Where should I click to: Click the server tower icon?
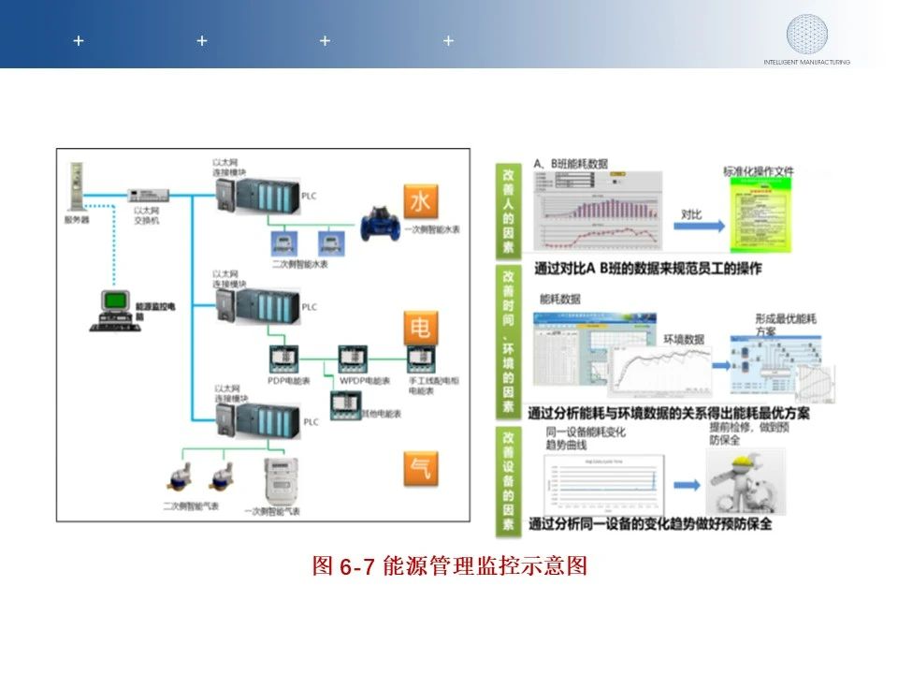[76, 188]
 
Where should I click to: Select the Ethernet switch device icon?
[148, 196]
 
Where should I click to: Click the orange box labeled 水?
[421, 201]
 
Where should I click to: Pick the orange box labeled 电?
[421, 327]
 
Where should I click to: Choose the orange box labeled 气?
[421, 468]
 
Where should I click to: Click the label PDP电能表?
[289, 381]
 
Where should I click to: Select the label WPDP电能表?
[365, 381]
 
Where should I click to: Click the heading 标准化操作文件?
[758, 171]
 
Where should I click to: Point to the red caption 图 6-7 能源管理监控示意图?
[449, 566]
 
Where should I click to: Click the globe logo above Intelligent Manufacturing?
[806, 35]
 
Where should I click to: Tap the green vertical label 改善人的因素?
[508, 211]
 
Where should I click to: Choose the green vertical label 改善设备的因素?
[508, 480]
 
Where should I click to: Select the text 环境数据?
[684, 339]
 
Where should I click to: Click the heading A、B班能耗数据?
[571, 164]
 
